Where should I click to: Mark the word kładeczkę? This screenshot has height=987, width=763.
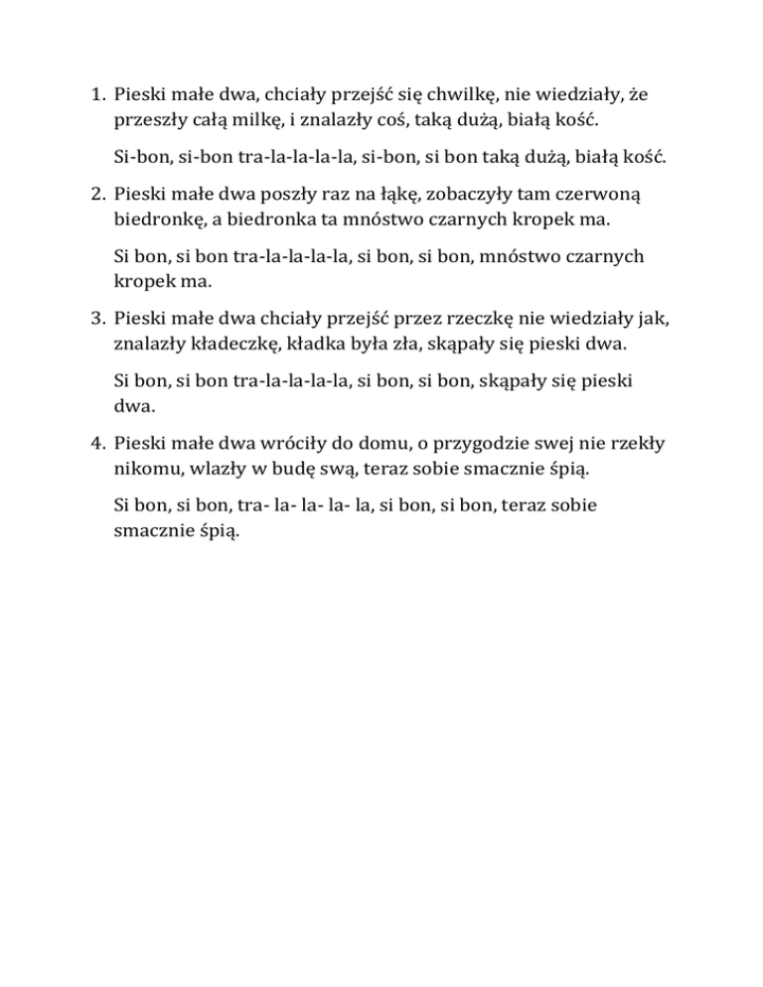pyautogui.click(x=231, y=343)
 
